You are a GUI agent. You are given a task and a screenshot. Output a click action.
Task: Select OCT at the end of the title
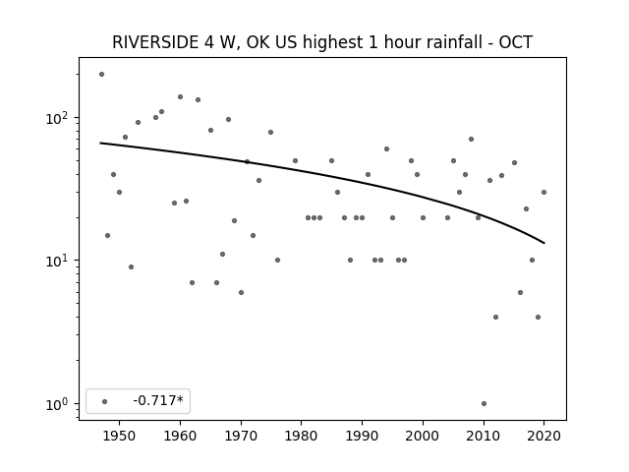[x=515, y=42]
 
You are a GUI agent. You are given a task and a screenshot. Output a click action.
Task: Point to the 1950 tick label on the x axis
[x=119, y=436]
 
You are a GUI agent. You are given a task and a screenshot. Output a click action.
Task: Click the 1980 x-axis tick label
[x=302, y=436]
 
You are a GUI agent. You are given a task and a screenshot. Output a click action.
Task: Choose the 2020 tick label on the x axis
[x=543, y=436]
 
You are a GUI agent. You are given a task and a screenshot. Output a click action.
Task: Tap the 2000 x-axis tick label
[x=423, y=436]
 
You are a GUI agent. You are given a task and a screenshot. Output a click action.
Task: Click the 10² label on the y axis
[x=59, y=118]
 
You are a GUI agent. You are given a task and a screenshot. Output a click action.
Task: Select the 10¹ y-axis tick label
[x=59, y=261]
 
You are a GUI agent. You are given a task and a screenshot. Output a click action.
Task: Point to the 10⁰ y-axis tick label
[x=59, y=404]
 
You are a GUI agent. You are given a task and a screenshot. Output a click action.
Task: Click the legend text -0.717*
[x=158, y=400]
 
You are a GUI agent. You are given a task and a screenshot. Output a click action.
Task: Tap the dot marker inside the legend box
[x=105, y=401]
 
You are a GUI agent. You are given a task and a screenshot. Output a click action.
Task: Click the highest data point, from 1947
[x=101, y=75]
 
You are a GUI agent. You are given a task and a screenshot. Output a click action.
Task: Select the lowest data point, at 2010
[x=484, y=404]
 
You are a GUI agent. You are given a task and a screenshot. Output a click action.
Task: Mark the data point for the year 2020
[x=543, y=193]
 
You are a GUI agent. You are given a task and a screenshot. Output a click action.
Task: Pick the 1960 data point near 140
[x=180, y=96]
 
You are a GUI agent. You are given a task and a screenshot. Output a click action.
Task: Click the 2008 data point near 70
[x=472, y=140]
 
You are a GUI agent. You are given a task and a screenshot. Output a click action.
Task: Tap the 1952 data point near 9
[x=131, y=266]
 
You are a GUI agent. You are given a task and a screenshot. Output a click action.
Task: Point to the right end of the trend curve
[x=544, y=243]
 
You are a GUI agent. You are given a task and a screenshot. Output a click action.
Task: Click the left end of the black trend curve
[x=100, y=143]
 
